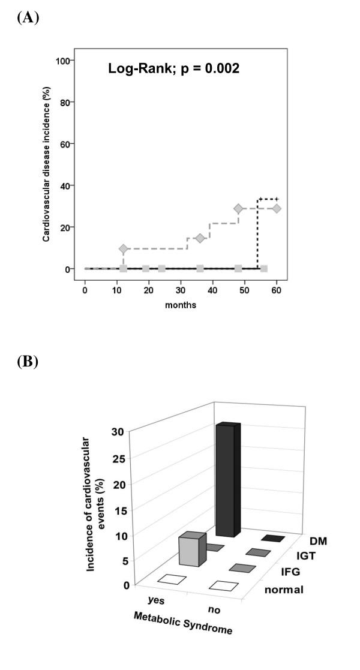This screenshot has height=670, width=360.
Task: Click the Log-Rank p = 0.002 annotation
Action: pyautogui.click(x=174, y=68)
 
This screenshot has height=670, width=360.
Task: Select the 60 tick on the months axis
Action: pyautogui.click(x=277, y=290)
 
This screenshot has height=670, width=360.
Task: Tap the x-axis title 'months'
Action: pyautogui.click(x=181, y=305)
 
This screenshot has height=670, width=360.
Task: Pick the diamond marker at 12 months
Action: pyautogui.click(x=124, y=248)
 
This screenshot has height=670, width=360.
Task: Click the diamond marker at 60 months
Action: pyautogui.click(x=277, y=209)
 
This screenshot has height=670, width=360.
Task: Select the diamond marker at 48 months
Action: pyautogui.click(x=238, y=209)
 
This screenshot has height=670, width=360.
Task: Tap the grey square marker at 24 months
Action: pyautogui.click(x=162, y=269)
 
